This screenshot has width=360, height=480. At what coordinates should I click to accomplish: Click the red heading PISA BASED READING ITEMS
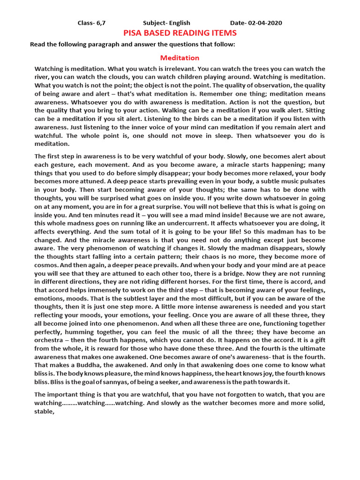click(180, 33)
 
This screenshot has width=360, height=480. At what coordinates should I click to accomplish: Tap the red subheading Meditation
click(180, 58)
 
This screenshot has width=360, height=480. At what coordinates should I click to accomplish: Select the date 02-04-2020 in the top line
click(265, 23)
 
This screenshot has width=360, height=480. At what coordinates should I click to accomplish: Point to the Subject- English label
click(166, 23)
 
